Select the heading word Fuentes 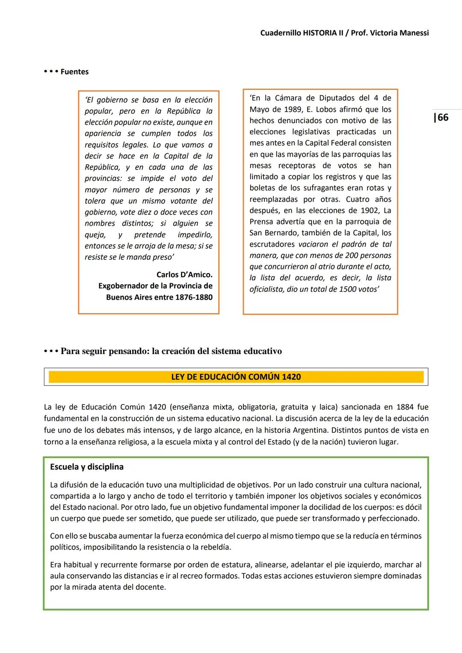coord(74,72)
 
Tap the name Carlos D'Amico coord(184,275)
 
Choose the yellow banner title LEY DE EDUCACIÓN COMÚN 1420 coord(236,377)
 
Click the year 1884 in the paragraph coord(405,407)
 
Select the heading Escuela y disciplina coord(87,467)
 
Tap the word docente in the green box coord(151,587)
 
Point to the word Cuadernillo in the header coord(280,33)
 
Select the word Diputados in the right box coord(337,98)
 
